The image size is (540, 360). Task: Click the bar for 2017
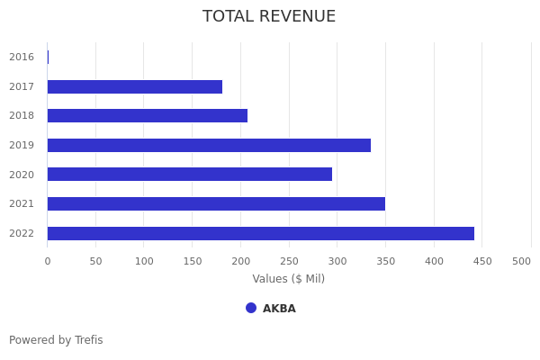(135, 86)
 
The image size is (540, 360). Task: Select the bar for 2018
(148, 115)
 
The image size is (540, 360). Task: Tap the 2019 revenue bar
(209, 145)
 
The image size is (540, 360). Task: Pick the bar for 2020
(190, 175)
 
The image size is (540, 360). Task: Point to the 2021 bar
(216, 203)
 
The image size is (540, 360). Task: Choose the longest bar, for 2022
(261, 233)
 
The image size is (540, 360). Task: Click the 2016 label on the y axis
(22, 58)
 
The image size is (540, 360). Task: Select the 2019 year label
(22, 145)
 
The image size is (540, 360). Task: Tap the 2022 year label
(22, 233)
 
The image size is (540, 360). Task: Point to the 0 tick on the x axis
(48, 261)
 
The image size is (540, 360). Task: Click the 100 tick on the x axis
(144, 261)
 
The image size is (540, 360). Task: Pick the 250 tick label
(289, 261)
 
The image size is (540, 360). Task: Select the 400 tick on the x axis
(434, 261)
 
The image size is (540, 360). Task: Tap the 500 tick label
(521, 261)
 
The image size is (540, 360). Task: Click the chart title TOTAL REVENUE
(269, 17)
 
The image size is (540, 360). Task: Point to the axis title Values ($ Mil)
(288, 279)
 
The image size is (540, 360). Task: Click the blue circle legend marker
(251, 308)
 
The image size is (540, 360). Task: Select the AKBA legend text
(279, 309)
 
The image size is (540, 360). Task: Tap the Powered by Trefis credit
(56, 340)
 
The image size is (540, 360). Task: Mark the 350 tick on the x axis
(385, 261)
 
